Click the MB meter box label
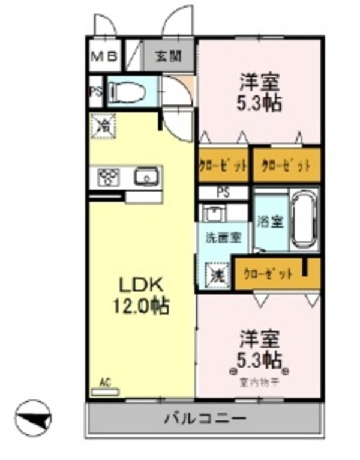click(105, 57)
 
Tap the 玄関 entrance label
click(169, 57)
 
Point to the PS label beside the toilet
click(95, 92)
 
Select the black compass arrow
click(34, 417)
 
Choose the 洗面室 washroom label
click(221, 236)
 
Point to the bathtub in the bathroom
click(305, 220)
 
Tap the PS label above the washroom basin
click(223, 193)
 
